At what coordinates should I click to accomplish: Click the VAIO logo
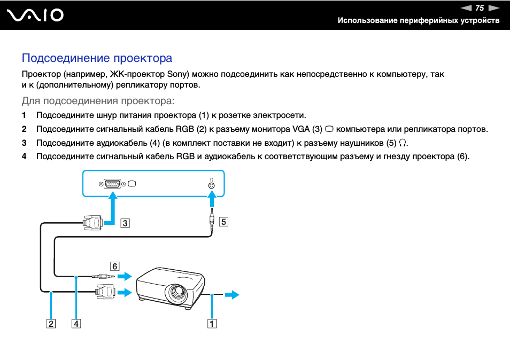[35, 15]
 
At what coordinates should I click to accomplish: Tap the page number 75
[479, 8]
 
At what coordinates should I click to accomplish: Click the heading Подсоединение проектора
[97, 58]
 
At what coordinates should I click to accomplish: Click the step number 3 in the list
[24, 143]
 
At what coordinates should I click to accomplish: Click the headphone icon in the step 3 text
[403, 143]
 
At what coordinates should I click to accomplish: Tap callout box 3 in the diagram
[125, 223]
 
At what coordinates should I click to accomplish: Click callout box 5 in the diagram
[223, 222]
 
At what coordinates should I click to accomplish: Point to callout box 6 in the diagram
[114, 265]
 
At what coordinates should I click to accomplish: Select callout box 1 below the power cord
[212, 323]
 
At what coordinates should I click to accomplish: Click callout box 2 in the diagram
[51, 323]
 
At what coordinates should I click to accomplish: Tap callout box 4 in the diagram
[76, 323]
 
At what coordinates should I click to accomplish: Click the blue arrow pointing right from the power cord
[232, 295]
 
